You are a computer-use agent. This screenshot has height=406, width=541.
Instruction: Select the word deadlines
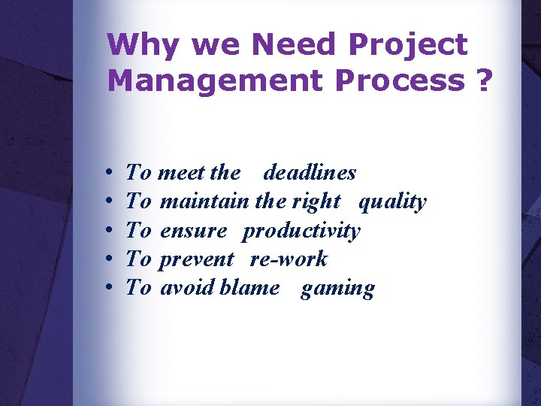(310, 173)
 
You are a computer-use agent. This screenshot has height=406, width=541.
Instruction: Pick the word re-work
(289, 259)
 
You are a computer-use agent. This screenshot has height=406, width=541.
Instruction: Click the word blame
(249, 288)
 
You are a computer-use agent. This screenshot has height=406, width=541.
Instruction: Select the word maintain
(205, 201)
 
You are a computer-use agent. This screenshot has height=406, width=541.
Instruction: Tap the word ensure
(193, 231)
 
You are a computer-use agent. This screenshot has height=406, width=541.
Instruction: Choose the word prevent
(197, 260)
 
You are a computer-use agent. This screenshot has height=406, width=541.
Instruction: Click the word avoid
(188, 288)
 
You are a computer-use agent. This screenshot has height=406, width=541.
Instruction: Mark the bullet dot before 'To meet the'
(110, 174)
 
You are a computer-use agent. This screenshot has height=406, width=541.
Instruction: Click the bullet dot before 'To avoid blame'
(110, 289)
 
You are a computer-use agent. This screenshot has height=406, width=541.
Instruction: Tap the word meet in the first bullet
(183, 173)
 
